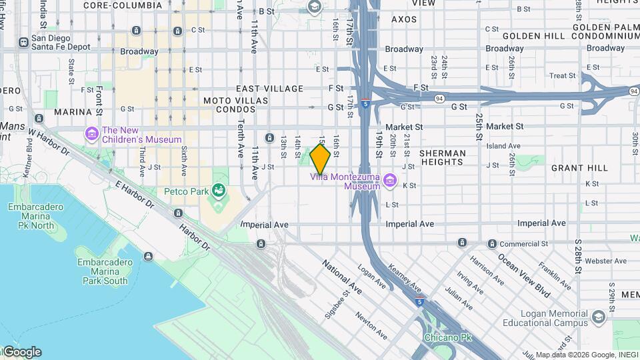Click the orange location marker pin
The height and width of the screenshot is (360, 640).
tap(321, 159)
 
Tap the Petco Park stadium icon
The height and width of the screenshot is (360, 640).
tap(218, 192)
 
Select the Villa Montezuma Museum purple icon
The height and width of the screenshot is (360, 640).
tap(390, 181)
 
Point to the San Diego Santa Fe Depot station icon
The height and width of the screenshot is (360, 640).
tap(23, 42)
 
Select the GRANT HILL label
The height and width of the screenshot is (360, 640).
tap(575, 169)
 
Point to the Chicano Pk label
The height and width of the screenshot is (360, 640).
tap(447, 338)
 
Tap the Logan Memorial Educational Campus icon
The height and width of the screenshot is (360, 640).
tap(598, 316)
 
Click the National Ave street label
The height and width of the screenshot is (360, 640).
tap(342, 278)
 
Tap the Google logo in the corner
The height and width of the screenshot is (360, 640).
tap(21, 352)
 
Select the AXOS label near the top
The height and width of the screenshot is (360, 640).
tap(404, 19)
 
